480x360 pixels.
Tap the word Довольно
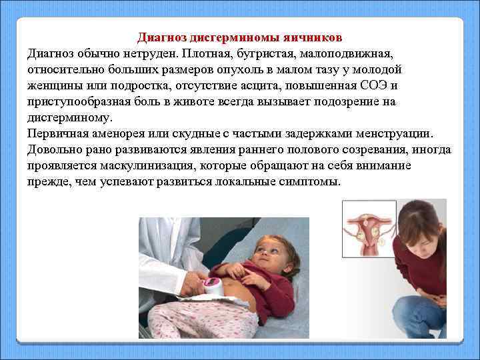click(53, 149)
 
